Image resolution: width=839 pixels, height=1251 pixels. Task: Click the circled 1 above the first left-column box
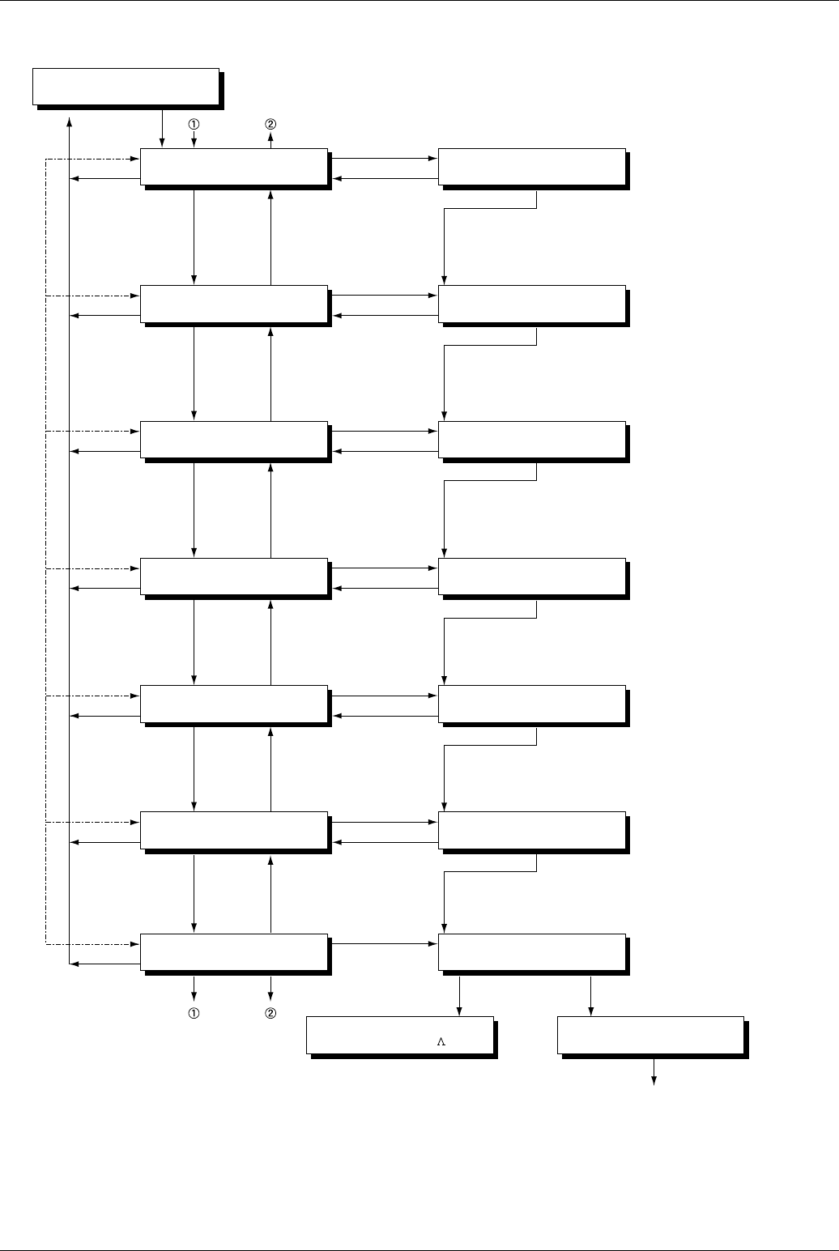point(194,125)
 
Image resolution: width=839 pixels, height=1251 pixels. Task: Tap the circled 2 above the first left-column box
point(270,125)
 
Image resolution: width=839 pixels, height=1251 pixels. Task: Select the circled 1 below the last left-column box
point(194,1013)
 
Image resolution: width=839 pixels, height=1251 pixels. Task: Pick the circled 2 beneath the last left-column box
point(270,1013)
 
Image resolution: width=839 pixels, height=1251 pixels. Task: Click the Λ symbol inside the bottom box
point(441,1042)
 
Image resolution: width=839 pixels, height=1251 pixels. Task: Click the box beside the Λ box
point(651,1035)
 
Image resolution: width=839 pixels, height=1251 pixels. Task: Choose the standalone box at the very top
point(126,87)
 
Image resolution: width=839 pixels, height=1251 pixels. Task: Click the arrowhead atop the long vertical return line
point(70,121)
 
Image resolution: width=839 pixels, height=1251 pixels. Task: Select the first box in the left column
point(234,167)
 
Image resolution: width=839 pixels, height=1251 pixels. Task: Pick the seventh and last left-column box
point(234,952)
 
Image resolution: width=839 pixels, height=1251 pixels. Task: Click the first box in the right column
point(532,167)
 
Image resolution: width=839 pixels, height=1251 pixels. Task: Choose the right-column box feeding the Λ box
point(532,952)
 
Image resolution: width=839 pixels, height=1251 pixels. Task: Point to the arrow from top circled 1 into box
point(194,141)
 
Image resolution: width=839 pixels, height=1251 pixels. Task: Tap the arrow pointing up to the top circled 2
point(270,141)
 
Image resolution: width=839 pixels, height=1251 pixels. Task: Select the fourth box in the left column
point(234,577)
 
